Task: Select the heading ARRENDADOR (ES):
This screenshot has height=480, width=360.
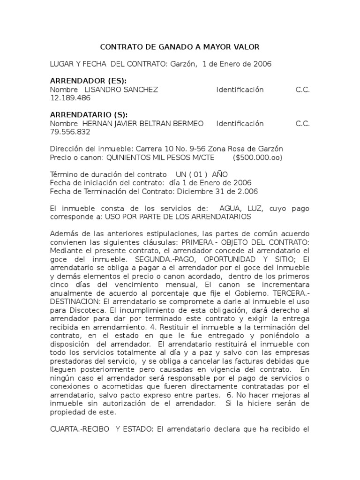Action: pyautogui.click(x=88, y=81)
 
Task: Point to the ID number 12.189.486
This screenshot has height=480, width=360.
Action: pyautogui.click(x=70, y=98)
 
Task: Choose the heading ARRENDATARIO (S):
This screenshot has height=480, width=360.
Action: pyautogui.click(x=89, y=115)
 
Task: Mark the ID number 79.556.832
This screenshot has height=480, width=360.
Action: pyautogui.click(x=70, y=132)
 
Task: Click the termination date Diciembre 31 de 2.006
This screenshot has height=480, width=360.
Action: pyautogui.click(x=215, y=192)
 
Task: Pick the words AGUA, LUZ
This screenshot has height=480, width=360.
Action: pyautogui.click(x=238, y=209)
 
